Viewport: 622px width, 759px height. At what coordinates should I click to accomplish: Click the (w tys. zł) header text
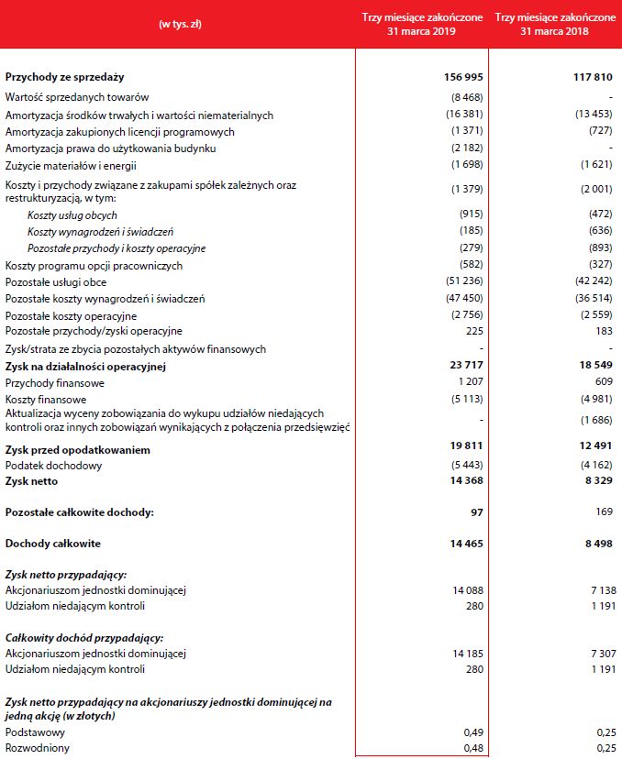180,24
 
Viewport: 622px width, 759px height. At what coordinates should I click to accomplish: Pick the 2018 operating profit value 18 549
593,367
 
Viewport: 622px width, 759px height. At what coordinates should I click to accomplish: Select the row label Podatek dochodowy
53,465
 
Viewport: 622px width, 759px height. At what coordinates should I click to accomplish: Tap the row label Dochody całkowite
52,544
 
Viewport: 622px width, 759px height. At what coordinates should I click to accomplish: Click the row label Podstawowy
34,732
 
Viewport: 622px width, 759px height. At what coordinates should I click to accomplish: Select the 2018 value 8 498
595,544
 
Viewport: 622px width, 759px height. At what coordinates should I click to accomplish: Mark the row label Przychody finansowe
54,382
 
